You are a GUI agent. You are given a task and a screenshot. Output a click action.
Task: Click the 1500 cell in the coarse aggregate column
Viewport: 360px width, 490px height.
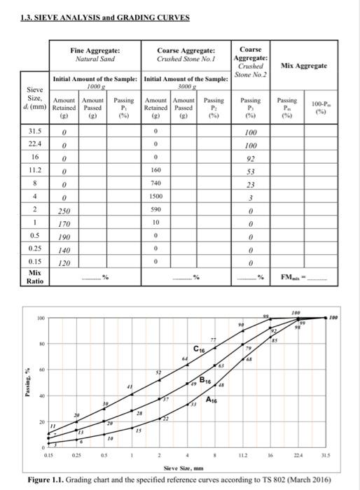tap(156, 197)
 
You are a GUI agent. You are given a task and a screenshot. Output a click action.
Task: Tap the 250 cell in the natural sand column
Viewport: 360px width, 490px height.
tap(64, 211)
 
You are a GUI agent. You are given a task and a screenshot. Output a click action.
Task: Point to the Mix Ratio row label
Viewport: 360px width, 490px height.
tap(34, 276)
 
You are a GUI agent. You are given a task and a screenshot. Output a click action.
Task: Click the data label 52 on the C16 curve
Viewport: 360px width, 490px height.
tap(158, 372)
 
